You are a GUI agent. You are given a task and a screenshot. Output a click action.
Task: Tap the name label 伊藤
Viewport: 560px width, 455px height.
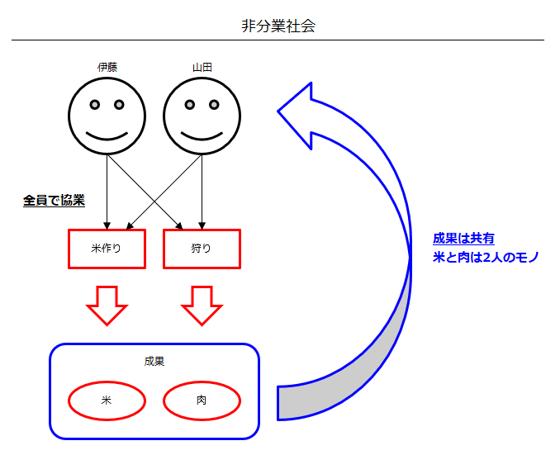(x=107, y=67)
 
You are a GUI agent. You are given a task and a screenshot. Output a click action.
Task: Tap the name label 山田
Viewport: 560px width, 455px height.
(x=202, y=67)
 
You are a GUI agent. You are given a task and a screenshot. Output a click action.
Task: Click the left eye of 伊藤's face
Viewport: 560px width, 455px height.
(x=95, y=105)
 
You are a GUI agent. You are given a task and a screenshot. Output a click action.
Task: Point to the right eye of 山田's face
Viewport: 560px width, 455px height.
(x=214, y=105)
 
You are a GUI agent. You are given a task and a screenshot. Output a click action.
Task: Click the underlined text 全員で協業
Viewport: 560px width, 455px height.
(x=55, y=201)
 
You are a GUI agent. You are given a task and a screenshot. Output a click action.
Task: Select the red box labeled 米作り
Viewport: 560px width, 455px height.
(x=107, y=249)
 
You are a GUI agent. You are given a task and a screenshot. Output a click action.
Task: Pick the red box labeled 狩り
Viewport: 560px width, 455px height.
(x=202, y=249)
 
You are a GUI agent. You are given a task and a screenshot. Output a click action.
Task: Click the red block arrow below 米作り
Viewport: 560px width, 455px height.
(x=107, y=305)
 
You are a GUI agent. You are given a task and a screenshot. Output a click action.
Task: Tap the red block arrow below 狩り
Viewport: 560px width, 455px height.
(x=202, y=305)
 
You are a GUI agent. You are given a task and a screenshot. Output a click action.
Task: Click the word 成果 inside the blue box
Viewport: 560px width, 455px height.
(x=154, y=361)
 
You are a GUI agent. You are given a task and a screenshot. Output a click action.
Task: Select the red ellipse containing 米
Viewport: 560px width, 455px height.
(x=107, y=400)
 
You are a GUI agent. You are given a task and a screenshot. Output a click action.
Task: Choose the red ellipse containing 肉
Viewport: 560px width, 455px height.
(x=202, y=400)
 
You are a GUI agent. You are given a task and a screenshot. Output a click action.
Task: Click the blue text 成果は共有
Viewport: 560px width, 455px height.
(x=463, y=239)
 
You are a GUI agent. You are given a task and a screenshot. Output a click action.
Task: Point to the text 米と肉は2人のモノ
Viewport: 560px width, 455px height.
(x=486, y=258)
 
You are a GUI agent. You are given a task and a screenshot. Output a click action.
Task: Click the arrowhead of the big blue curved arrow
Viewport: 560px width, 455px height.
(x=298, y=112)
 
